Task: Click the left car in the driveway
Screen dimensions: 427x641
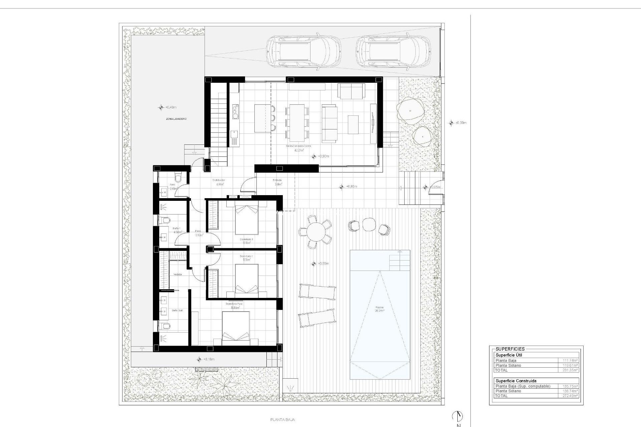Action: click(303, 52)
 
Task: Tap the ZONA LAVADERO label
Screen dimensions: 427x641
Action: click(176, 119)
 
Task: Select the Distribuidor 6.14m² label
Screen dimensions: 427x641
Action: click(219, 182)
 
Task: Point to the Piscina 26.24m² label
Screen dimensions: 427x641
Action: click(380, 309)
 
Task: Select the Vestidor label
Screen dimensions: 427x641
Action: click(178, 274)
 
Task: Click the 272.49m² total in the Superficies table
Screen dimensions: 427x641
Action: click(571, 396)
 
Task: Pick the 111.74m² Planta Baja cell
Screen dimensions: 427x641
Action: click(571, 361)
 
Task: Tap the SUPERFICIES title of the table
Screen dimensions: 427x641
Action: click(510, 349)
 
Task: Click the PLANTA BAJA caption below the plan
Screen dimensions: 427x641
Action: click(282, 420)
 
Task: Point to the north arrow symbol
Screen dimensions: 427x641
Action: click(458, 416)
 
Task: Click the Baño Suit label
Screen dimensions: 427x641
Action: click(177, 310)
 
